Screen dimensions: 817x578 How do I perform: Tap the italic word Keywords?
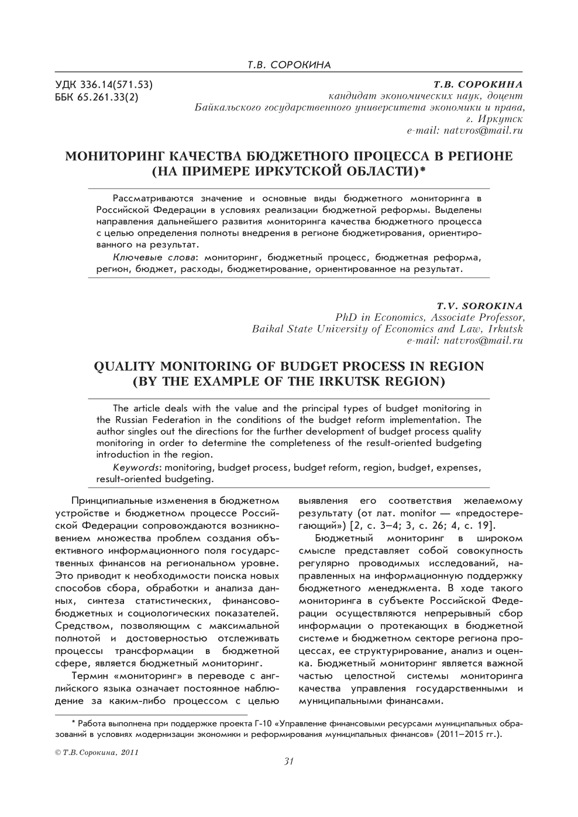click(x=137, y=468)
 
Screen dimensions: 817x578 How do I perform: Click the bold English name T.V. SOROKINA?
click(x=479, y=306)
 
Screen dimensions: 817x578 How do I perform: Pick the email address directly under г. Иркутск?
click(x=465, y=131)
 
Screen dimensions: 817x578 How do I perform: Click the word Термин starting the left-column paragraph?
click(x=90, y=676)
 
